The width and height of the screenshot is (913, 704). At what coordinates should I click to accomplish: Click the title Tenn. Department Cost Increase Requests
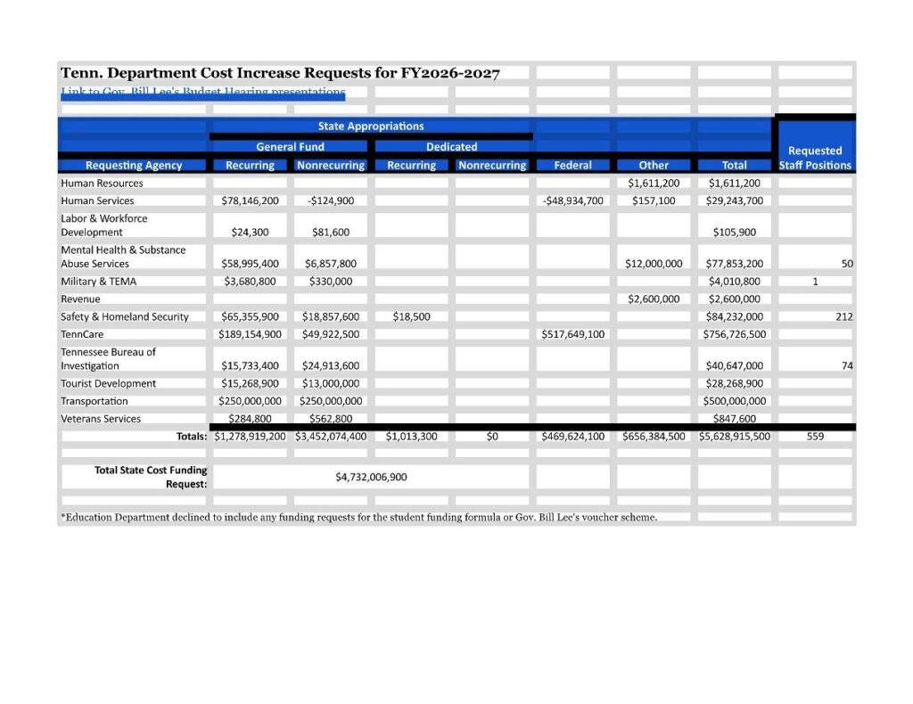pos(280,73)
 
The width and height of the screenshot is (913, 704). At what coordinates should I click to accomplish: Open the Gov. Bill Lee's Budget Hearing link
pos(202,92)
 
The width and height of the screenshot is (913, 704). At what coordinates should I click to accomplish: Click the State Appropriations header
pos(371,127)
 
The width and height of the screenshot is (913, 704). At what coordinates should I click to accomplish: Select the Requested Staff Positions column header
pos(815,158)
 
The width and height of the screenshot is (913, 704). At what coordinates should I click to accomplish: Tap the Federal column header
pos(572,165)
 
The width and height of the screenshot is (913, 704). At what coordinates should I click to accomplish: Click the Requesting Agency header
pos(134,165)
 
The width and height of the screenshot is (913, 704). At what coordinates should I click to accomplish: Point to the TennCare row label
pos(80,334)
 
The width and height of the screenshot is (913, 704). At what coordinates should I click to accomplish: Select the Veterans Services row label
pos(101,419)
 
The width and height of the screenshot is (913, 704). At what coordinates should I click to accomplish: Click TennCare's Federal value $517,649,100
pos(572,334)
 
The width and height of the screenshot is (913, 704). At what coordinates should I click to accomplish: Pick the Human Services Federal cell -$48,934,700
pos(572,201)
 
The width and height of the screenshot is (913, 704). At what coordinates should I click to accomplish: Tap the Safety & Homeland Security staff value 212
pos(843,316)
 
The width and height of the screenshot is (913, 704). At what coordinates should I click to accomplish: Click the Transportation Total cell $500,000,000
pos(734,401)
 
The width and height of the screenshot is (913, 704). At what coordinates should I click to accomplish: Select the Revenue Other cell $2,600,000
pos(654,299)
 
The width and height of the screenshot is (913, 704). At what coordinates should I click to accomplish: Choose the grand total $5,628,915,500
pos(734,437)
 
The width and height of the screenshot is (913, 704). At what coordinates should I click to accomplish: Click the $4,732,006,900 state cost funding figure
pos(371,477)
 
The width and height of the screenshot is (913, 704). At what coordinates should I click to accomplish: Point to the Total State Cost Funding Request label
pos(151,477)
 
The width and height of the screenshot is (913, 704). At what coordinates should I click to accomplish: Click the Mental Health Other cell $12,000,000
pos(654,264)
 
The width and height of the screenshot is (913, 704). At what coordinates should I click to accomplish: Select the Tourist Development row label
pos(108,383)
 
